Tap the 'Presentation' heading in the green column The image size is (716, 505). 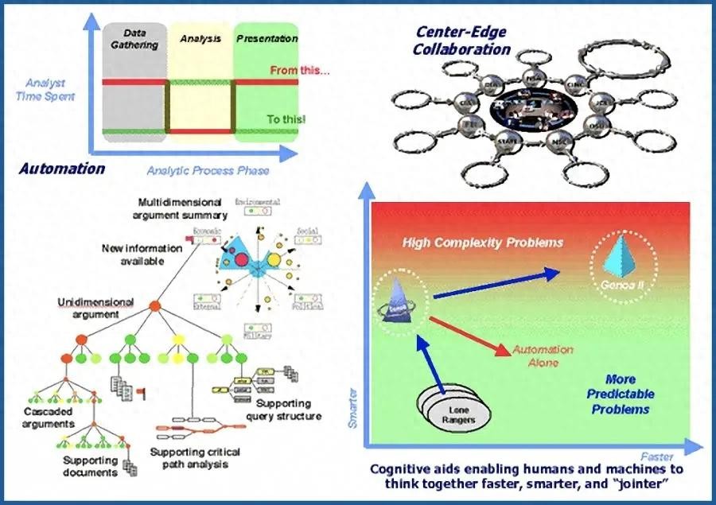coord(267,38)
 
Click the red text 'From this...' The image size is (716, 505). coord(300,70)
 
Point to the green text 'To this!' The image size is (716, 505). coord(286,119)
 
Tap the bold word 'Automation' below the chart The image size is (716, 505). coord(61,169)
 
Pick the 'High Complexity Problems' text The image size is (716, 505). coord(482,242)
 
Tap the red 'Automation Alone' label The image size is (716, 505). coord(542,355)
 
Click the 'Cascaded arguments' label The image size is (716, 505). coord(49,418)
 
